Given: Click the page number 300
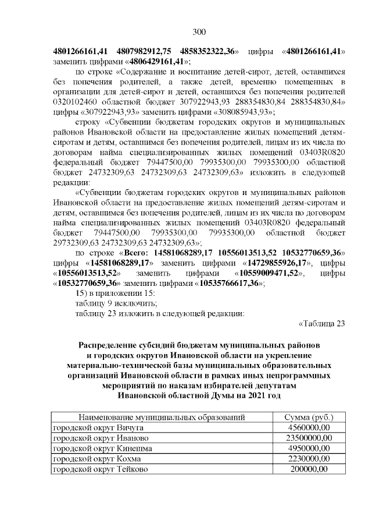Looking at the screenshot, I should [x=199, y=31].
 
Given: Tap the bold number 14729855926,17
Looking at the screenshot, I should [x=278, y=263].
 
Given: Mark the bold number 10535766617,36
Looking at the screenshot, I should [x=227, y=283].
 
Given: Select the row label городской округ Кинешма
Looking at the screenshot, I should [x=94, y=448].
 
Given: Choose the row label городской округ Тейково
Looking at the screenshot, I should [x=92, y=469].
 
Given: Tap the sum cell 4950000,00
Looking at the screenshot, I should [x=309, y=448].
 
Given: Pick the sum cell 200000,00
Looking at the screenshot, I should [x=309, y=469].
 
